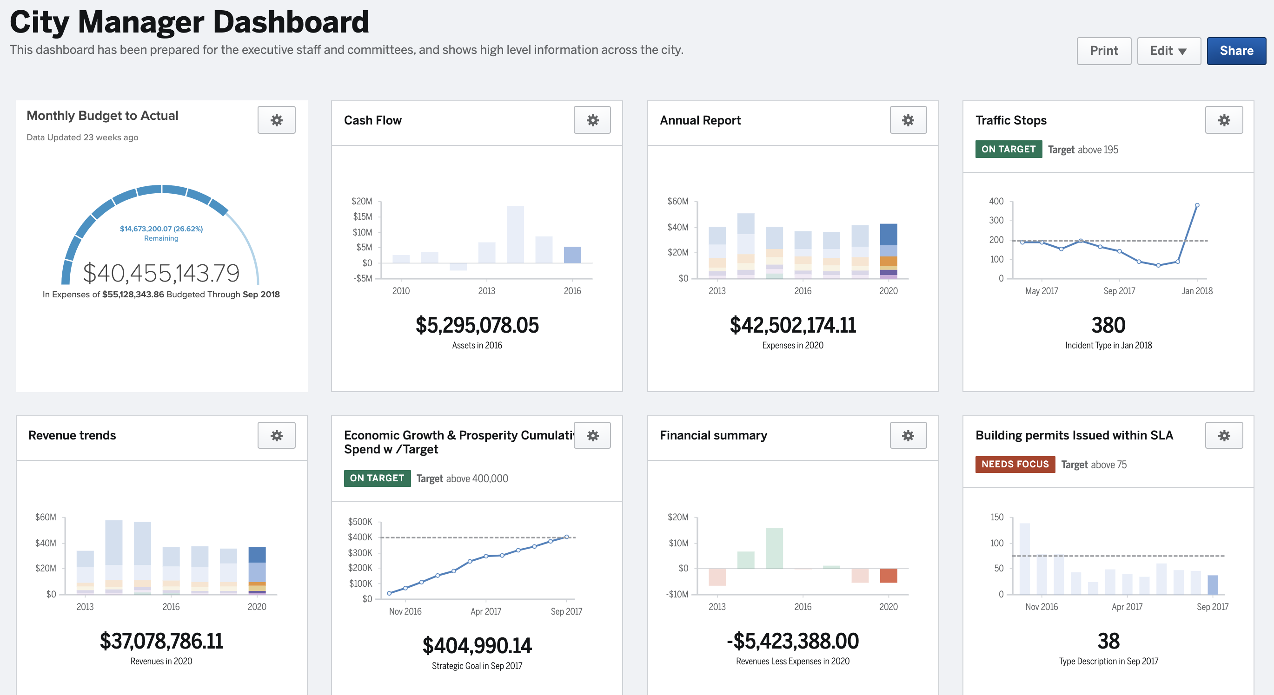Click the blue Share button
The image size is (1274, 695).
[x=1236, y=51]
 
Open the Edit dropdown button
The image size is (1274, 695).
[x=1168, y=51]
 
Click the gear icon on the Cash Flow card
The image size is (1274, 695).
[x=592, y=120]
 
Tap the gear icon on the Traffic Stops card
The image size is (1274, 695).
[x=1224, y=120]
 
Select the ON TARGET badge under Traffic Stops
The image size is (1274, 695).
[x=1008, y=149]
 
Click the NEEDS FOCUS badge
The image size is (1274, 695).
[x=1015, y=464]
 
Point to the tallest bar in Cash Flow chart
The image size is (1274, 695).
[x=515, y=234]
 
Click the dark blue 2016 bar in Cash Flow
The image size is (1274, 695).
[x=572, y=255]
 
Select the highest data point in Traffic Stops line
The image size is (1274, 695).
[x=1197, y=205]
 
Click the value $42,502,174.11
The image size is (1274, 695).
[x=792, y=325]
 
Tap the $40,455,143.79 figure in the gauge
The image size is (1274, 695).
[x=161, y=273]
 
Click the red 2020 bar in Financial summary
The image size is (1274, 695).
[x=888, y=576]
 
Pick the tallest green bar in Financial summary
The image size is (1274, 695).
[x=774, y=548]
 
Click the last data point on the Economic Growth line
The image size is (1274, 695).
[x=566, y=537]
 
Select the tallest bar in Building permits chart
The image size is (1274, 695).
[x=1024, y=558]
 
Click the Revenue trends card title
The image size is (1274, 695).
[x=72, y=435]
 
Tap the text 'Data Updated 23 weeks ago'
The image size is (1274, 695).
[x=83, y=138]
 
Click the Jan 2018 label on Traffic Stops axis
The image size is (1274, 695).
[x=1196, y=291]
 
